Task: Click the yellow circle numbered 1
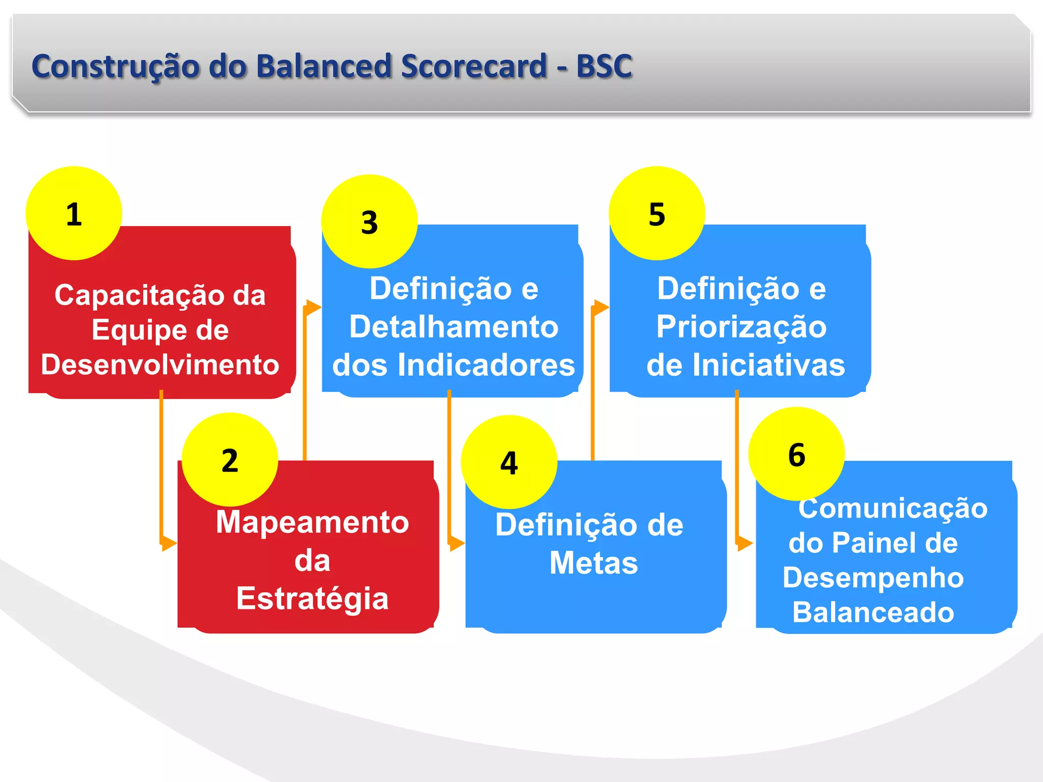click(x=74, y=213)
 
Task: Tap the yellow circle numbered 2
click(x=230, y=460)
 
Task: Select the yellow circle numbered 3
click(x=369, y=221)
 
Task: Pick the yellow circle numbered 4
click(x=509, y=462)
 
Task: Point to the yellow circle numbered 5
click(x=657, y=213)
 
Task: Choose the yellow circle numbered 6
click(x=797, y=454)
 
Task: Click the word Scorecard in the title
click(x=473, y=66)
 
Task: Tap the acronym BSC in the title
click(x=604, y=66)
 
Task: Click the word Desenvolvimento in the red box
click(x=160, y=365)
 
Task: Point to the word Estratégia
click(x=312, y=599)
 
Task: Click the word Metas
click(x=593, y=563)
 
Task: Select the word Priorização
click(x=741, y=327)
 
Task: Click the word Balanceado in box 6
click(x=873, y=612)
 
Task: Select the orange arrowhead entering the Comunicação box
click(x=745, y=543)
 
